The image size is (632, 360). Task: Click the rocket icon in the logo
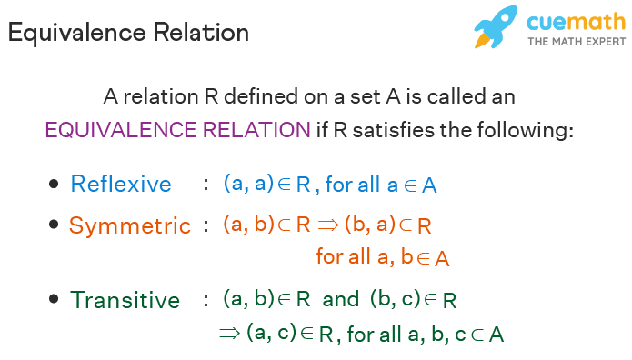point(497,27)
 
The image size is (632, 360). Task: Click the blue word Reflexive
point(121,184)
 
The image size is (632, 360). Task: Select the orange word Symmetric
point(130,225)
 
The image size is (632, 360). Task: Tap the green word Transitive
point(125,299)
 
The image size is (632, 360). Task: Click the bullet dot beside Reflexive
point(54,184)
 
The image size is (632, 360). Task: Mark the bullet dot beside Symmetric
point(54,225)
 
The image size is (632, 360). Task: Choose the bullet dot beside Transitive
point(54,298)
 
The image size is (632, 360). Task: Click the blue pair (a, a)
point(249,183)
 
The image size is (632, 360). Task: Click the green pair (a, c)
point(272,333)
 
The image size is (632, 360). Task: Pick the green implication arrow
point(228,333)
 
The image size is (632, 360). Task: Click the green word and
point(341,298)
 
